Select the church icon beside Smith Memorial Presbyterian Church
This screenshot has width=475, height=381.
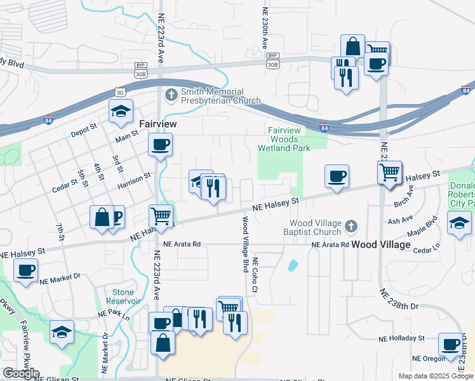171,95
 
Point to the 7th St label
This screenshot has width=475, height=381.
60,232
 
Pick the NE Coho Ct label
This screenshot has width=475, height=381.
255,275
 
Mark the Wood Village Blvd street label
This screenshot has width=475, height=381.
244,244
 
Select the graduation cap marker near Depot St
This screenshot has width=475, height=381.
121,112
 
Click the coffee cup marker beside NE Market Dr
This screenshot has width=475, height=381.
25,271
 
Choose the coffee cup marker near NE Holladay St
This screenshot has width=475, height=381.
451,345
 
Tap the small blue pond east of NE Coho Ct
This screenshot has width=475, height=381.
293,265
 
